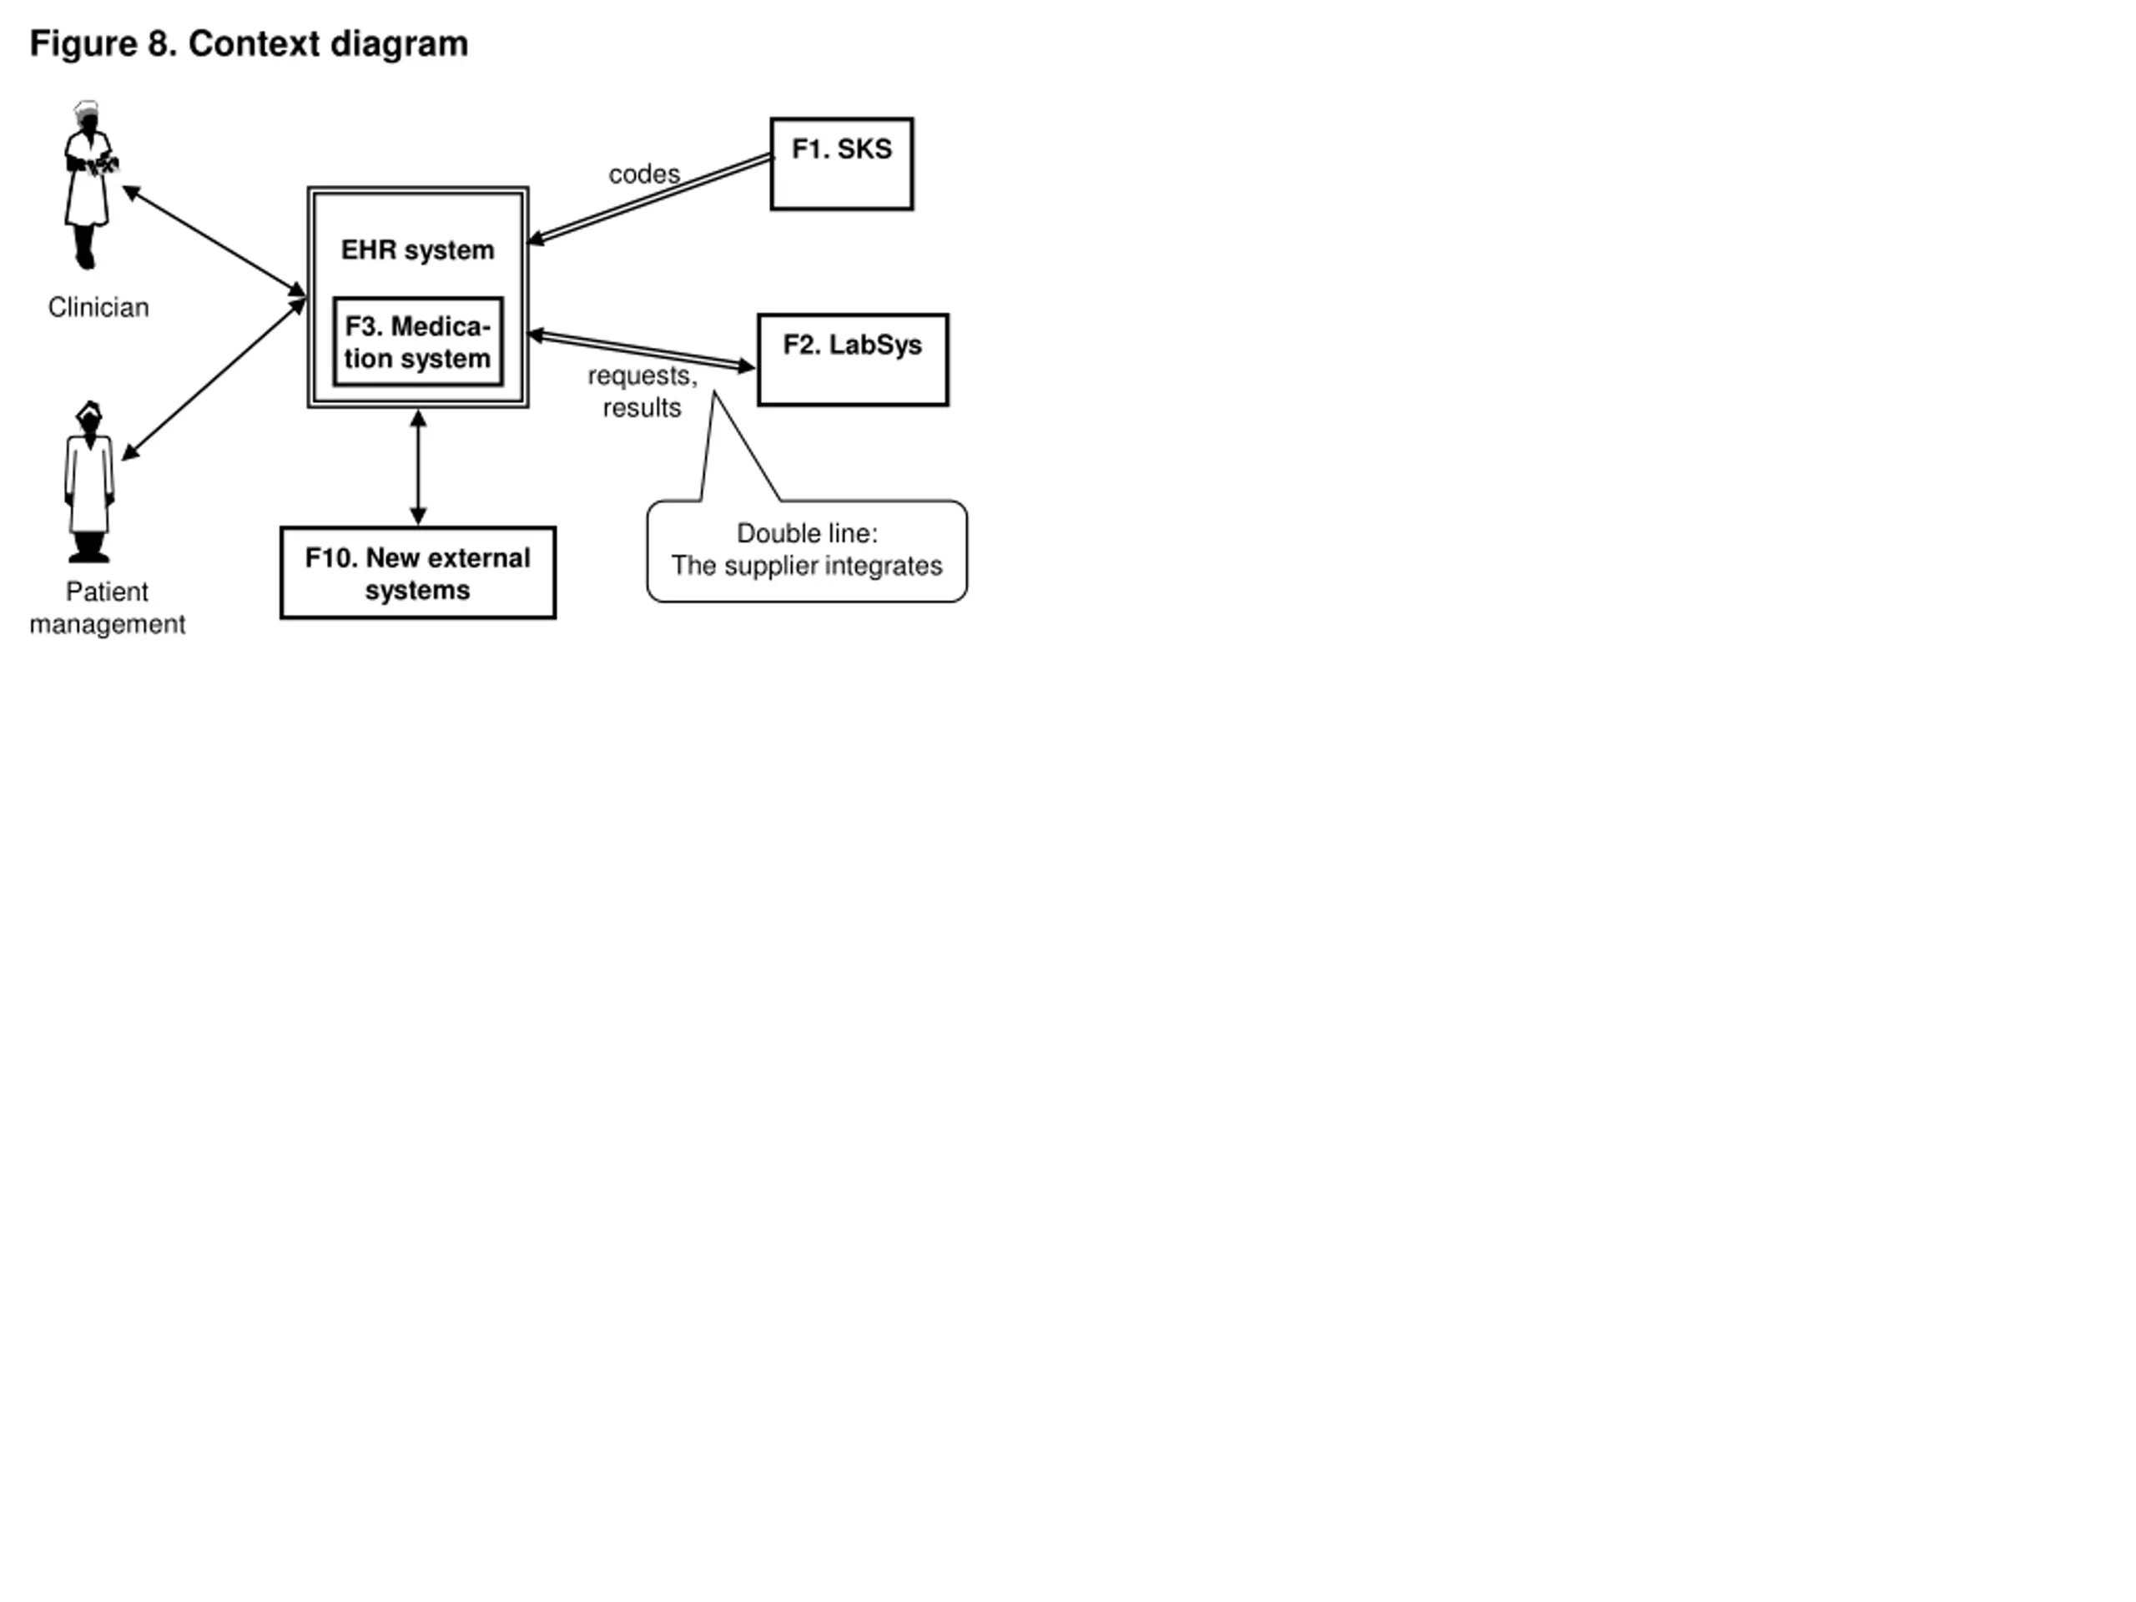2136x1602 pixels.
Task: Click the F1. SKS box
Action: (842, 164)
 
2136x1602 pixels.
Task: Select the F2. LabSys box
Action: (854, 360)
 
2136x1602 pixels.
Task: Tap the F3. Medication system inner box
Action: (418, 342)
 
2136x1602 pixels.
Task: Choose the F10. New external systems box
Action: (418, 572)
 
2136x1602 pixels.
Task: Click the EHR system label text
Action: (418, 250)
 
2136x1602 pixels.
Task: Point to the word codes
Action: (644, 174)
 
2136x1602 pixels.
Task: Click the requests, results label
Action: (642, 391)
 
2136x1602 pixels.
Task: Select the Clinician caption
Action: (98, 307)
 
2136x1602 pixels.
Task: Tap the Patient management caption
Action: (107, 608)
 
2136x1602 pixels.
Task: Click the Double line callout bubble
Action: (808, 551)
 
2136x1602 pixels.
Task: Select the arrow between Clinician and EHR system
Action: (214, 241)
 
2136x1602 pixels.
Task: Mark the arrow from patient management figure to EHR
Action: (214, 380)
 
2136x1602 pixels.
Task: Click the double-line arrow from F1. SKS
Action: (650, 199)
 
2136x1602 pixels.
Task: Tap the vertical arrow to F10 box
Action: (418, 467)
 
